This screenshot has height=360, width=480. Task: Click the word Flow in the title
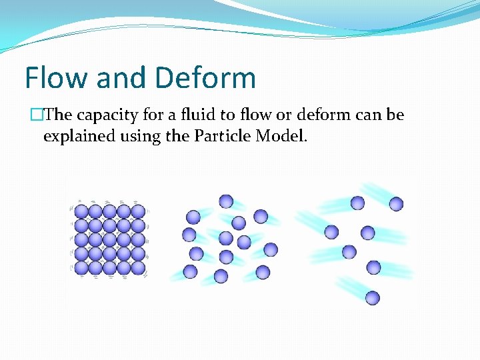tap(56, 77)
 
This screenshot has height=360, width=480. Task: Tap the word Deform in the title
tap(208, 77)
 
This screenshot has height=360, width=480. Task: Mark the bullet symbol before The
tap(35, 115)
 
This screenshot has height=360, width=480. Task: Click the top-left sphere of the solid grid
tap(81, 211)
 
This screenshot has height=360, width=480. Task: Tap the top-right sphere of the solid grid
tap(138, 211)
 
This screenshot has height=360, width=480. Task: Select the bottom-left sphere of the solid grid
tap(81, 267)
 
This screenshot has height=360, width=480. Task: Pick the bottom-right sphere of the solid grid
tap(138, 267)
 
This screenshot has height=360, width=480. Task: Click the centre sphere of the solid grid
tap(110, 239)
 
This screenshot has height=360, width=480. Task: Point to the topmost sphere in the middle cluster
tap(226, 201)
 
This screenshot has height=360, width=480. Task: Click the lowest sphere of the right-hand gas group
tap(373, 298)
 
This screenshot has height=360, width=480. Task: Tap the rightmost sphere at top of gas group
tap(396, 204)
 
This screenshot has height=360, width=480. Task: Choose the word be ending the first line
tap(395, 115)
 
